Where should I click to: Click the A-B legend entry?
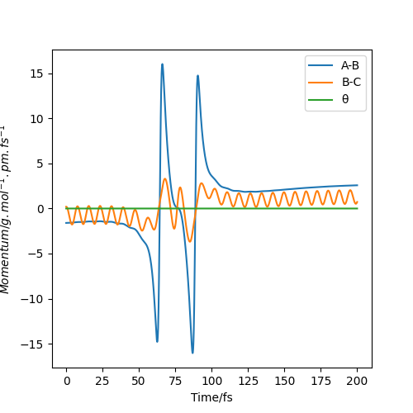(334, 65)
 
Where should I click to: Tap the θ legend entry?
(328, 99)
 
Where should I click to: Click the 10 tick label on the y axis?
(37, 119)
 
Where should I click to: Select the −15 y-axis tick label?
(32, 344)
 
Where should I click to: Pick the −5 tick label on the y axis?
(36, 254)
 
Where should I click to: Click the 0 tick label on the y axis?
(40, 209)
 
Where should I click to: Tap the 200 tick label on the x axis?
(357, 381)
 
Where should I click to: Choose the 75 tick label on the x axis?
(175, 381)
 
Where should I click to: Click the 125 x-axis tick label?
(248, 381)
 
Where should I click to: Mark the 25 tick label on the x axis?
(102, 381)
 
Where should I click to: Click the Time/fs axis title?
(211, 397)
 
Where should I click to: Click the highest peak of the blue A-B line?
(162, 64)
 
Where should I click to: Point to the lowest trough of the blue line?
(192, 353)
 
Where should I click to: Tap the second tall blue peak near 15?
(197, 75)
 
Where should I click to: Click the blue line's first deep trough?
(157, 342)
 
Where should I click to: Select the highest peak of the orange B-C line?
(165, 178)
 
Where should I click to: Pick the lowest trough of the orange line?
(190, 241)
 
